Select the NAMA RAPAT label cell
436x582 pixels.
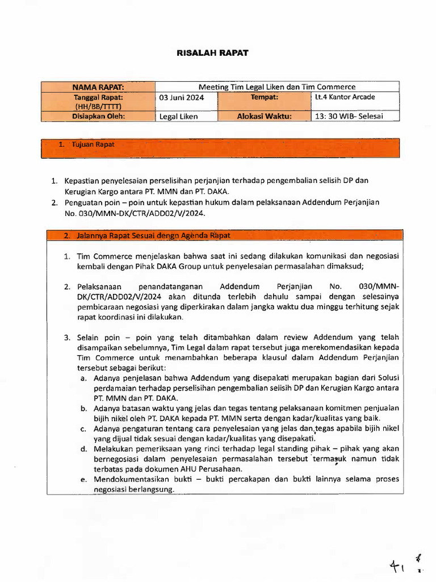98,87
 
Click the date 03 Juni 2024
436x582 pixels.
181,97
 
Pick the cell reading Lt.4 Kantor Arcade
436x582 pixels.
345,97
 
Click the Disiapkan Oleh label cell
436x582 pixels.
98,116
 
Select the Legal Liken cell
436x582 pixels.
179,117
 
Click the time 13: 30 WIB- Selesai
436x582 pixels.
349,117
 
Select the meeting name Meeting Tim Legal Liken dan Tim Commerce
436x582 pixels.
277,87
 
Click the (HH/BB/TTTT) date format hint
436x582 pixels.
98,106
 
